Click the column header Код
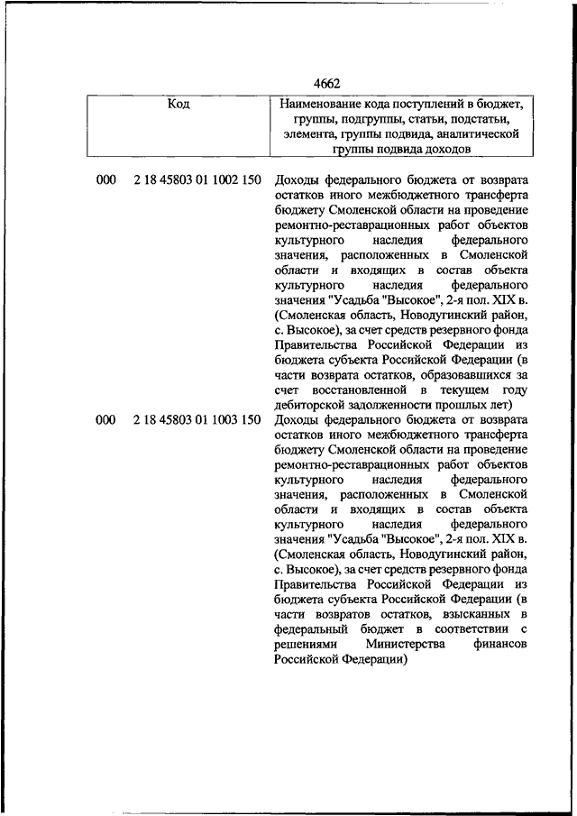179,105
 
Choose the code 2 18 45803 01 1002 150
197,180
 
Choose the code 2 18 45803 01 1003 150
197,419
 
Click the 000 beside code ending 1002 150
106,180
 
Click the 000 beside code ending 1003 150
106,419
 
